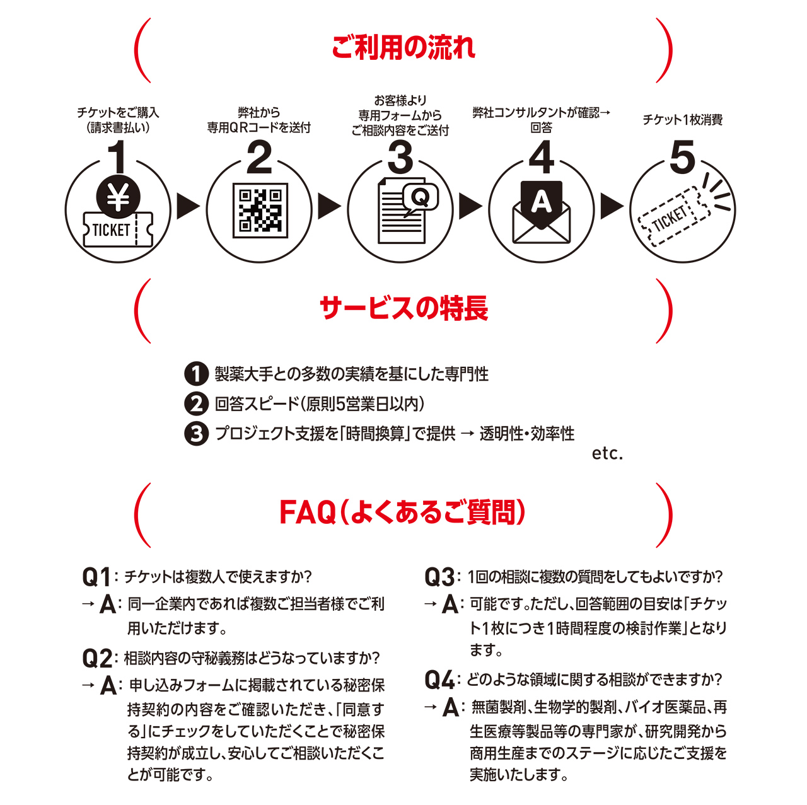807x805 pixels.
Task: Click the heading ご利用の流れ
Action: pos(403,47)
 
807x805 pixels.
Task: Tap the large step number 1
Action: pos(118,158)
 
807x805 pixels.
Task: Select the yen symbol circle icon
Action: pos(118,197)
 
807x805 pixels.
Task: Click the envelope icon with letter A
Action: pos(541,212)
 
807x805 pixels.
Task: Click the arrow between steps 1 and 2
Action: pos(187,206)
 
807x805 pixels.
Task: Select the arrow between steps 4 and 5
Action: pos(611,206)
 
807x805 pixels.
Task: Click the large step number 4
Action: pos(541,158)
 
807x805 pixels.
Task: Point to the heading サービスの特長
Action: pos(403,309)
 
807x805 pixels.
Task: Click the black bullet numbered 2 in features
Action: pos(196,403)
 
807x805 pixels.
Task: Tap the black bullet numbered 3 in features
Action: pos(196,434)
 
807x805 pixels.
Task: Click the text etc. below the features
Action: pos(607,453)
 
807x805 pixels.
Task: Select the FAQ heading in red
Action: pos(402,513)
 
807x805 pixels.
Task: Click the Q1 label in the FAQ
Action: pos(96,577)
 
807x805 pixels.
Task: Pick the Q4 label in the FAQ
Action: pos(440,680)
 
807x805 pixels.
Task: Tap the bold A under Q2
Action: pos(108,685)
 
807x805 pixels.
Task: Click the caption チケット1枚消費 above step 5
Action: pos(682,120)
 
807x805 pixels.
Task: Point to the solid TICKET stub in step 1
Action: pos(118,230)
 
